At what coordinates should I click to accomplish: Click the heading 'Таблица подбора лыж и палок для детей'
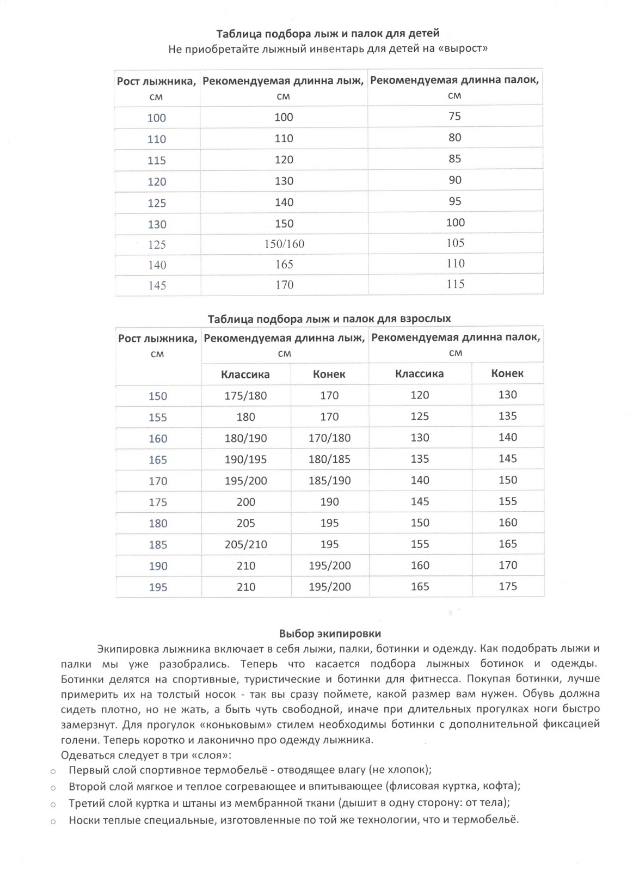[328, 34]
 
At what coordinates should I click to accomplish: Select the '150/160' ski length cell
[284, 244]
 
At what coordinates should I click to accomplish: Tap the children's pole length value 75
[454, 116]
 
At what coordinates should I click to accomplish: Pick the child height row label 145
[157, 285]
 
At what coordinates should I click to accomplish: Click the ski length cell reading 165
[284, 265]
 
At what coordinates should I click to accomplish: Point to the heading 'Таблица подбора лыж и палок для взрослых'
[329, 318]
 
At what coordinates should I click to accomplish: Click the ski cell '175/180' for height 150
[245, 396]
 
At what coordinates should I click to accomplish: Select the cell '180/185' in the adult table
[329, 459]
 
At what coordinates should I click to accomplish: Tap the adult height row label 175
[158, 502]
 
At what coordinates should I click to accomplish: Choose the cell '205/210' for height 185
[245, 544]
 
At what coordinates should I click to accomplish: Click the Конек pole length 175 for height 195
[507, 586]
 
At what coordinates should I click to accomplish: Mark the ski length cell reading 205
[245, 523]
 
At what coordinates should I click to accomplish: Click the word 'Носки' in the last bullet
[83, 820]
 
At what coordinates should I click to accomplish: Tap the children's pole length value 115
[455, 284]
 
